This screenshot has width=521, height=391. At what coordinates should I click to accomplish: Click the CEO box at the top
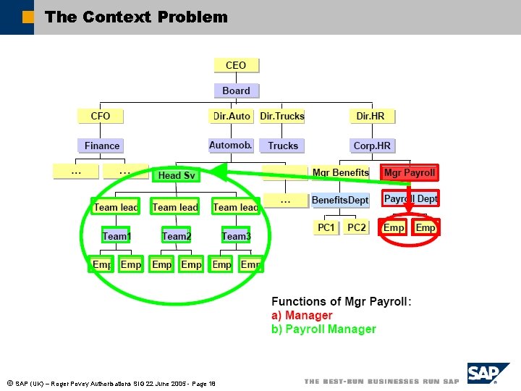pyautogui.click(x=236, y=65)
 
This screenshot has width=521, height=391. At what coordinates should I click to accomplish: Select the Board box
pyautogui.click(x=236, y=91)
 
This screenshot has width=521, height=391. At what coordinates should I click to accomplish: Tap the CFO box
pyautogui.click(x=101, y=116)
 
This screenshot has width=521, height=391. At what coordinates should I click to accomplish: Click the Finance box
pyautogui.click(x=101, y=146)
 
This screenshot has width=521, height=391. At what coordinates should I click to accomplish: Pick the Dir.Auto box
pyautogui.click(x=232, y=116)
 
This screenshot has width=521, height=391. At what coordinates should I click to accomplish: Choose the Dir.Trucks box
pyautogui.click(x=282, y=116)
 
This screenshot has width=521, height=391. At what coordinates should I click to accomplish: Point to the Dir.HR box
pyautogui.click(x=370, y=116)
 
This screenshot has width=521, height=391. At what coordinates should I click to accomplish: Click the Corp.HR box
pyautogui.click(x=372, y=146)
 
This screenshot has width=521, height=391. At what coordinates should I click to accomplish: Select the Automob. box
pyautogui.click(x=231, y=146)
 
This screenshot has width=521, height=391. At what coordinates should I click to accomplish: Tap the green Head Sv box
pyautogui.click(x=176, y=175)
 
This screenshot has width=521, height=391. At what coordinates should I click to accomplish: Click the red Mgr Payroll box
pyautogui.click(x=410, y=173)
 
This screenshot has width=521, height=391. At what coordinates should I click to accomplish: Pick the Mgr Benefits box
pyautogui.click(x=340, y=173)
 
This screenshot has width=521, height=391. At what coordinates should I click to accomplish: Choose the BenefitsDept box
pyautogui.click(x=340, y=200)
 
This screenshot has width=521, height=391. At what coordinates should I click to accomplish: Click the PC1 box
pyautogui.click(x=326, y=227)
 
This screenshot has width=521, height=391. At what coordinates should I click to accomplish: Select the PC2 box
pyautogui.click(x=356, y=227)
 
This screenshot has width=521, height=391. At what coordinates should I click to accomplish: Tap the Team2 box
pyautogui.click(x=176, y=236)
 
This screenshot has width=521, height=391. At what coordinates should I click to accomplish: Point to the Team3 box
pyautogui.click(x=235, y=236)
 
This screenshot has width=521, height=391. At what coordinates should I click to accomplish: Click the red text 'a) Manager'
pyautogui.click(x=302, y=316)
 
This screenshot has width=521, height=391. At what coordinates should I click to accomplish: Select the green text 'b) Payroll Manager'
pyautogui.click(x=323, y=329)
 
